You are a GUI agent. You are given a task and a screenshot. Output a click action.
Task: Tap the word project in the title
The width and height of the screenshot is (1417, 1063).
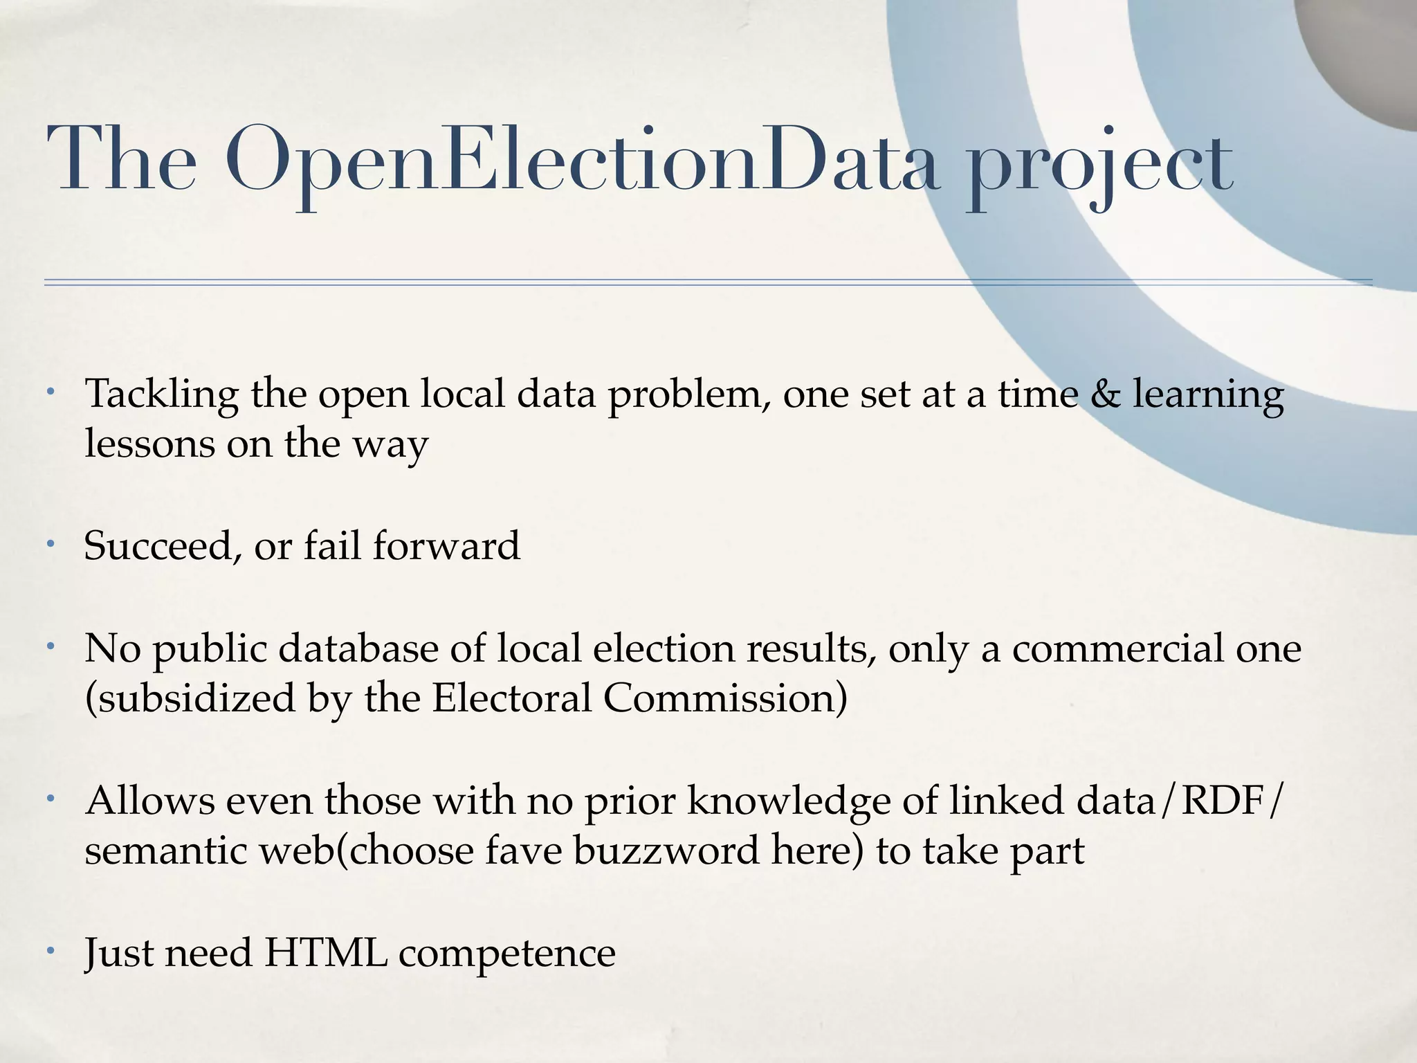point(1099,166)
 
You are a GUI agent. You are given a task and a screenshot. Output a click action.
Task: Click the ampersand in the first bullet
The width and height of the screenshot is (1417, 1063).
point(1105,394)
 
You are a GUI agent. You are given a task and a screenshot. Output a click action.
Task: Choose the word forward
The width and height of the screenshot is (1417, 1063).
point(446,545)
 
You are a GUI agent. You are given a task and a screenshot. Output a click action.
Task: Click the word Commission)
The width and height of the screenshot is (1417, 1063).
point(725,698)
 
